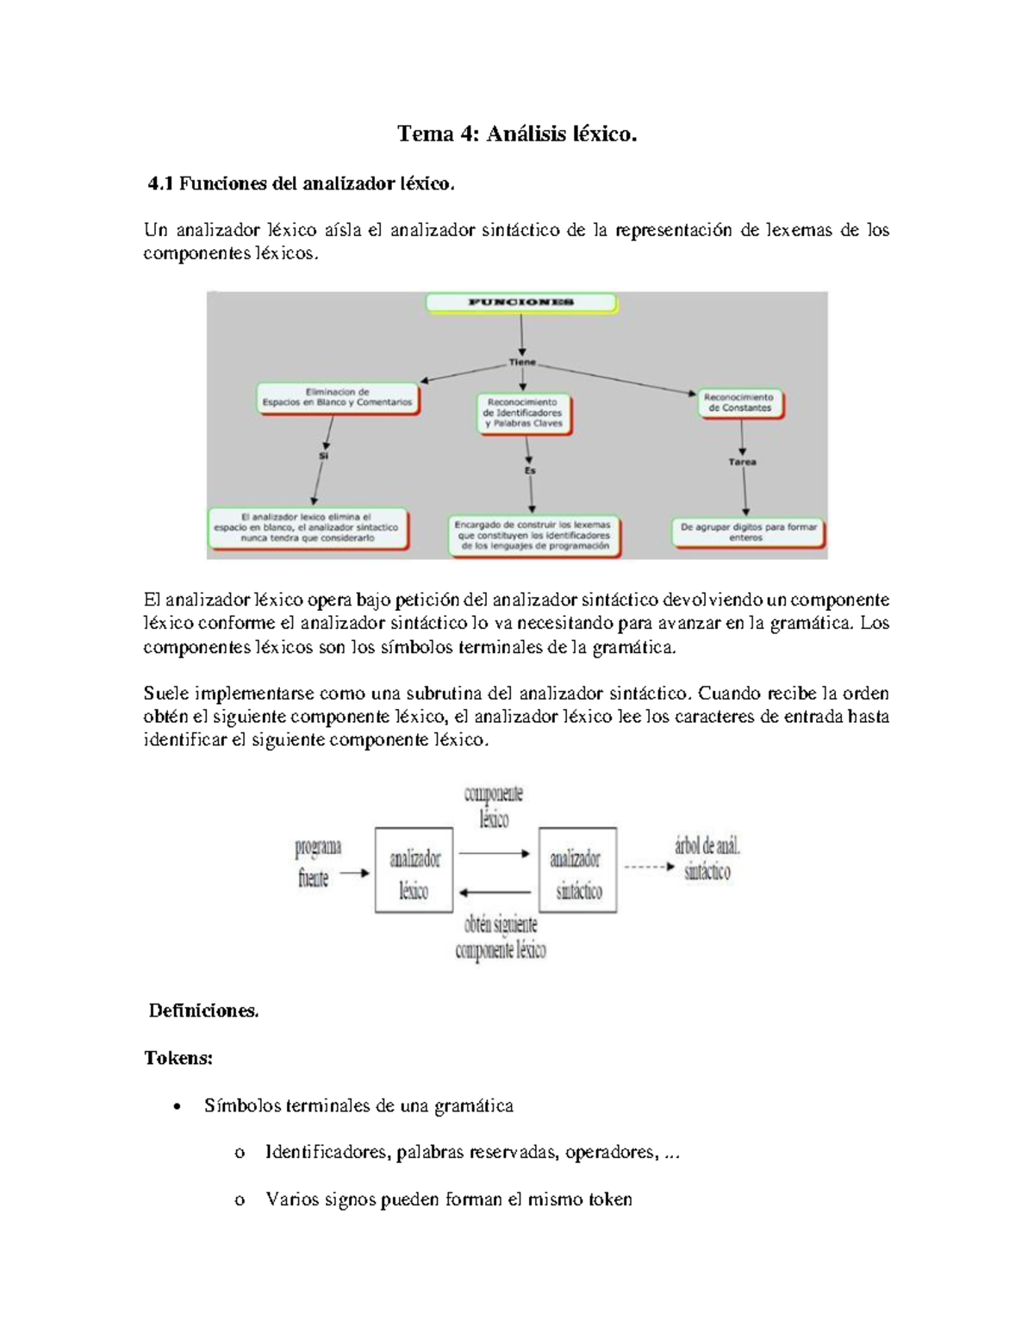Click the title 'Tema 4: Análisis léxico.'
click(x=517, y=134)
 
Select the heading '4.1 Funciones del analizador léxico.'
click(x=301, y=184)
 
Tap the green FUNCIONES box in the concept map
click(x=521, y=302)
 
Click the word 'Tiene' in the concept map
click(x=522, y=362)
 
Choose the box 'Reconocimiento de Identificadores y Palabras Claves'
click(x=524, y=413)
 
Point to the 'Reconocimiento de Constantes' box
click(x=741, y=402)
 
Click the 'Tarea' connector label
click(x=742, y=462)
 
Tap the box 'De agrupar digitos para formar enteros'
click(x=747, y=532)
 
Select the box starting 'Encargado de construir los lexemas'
click(x=534, y=535)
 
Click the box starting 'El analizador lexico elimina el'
click(x=308, y=527)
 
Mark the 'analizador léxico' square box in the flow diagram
click(x=414, y=870)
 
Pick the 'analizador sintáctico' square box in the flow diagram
click(x=577, y=870)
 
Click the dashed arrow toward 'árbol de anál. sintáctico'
click(x=649, y=867)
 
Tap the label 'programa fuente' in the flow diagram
click(x=317, y=862)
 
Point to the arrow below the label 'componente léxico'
click(x=495, y=853)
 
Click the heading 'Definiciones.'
click(x=203, y=1011)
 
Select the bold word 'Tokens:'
click(x=178, y=1058)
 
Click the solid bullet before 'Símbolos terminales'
click(x=177, y=1107)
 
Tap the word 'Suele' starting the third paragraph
click(x=165, y=694)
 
